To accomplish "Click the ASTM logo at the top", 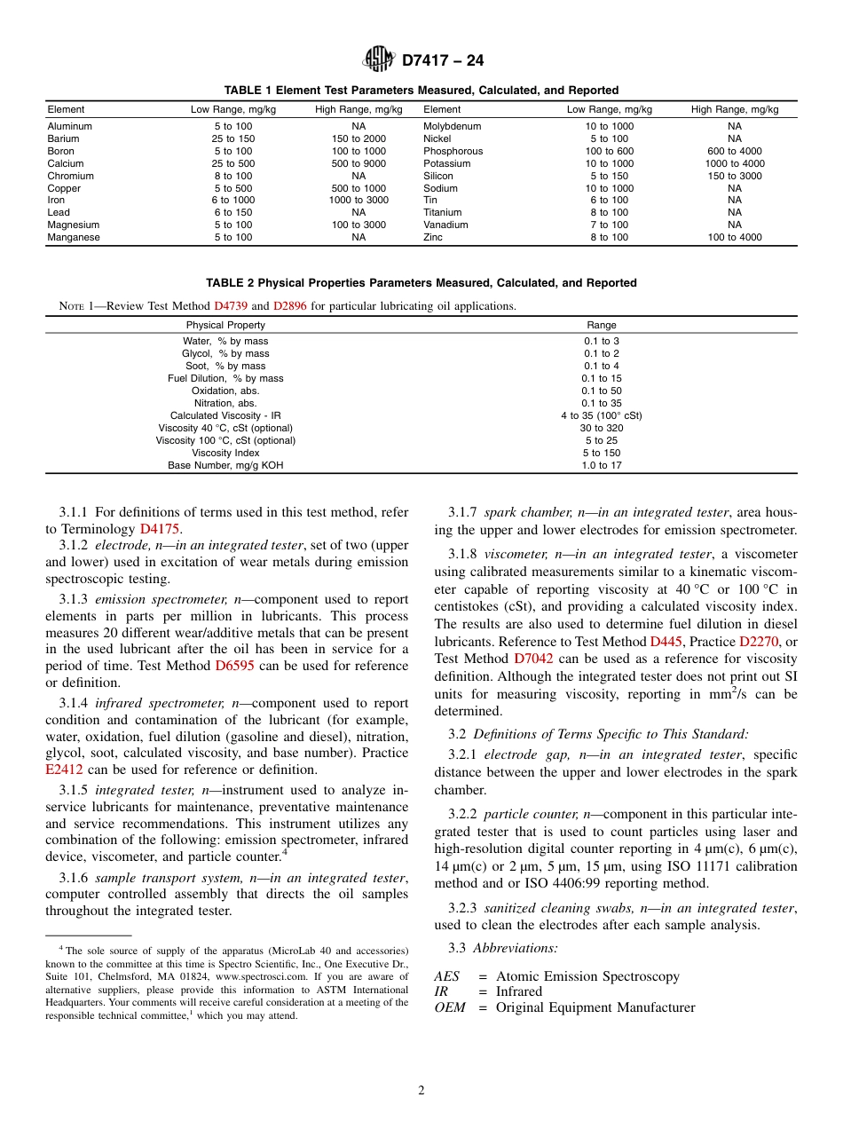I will coord(379,60).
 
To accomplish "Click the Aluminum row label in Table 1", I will coord(69,126).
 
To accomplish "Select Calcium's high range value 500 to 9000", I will coord(358,163).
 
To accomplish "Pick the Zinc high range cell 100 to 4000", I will coord(734,237).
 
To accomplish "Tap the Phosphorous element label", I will coord(453,151).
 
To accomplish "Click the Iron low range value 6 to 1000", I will coord(233,201).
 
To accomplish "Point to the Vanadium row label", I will coord(445,225).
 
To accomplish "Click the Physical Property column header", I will coord(225,326).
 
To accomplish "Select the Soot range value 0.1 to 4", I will coord(601,366).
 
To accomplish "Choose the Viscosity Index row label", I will coord(225,453).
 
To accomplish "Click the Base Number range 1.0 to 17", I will coord(601,465).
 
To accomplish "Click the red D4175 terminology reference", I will coord(160,529).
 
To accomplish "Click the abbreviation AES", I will coord(447,976).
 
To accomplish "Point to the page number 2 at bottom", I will coord(421,1091).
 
